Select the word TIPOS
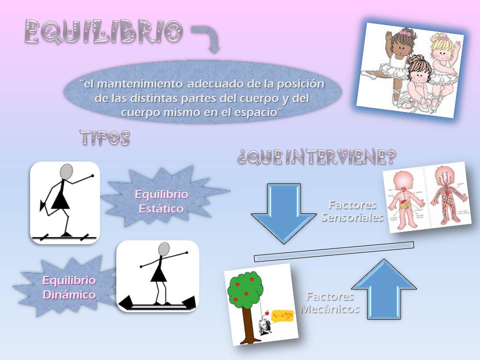coord(105,138)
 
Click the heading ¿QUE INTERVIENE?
coord(317,158)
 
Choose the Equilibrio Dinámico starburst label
coord(69,287)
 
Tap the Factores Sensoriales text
coord(352,211)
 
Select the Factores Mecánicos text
coord(330,302)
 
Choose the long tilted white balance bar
coord(334,251)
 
